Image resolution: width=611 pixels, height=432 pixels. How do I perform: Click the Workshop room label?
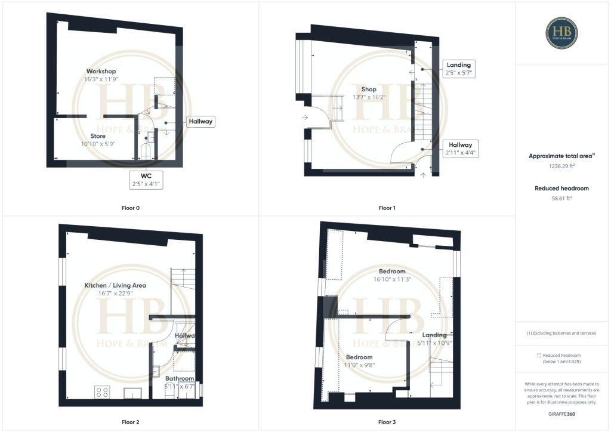(x=101, y=72)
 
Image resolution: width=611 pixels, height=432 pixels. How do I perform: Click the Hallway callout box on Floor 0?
(x=200, y=122)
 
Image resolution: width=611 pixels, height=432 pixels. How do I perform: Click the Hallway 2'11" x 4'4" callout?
(x=461, y=149)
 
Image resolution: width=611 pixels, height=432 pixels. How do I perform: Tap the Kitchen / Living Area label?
(x=115, y=285)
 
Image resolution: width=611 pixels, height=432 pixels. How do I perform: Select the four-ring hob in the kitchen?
(x=102, y=392)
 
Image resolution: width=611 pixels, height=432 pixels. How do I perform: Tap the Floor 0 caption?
(x=129, y=208)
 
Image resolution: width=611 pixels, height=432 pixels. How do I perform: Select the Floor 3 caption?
(x=387, y=422)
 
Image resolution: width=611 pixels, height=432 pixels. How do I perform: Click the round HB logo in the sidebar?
(x=561, y=32)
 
